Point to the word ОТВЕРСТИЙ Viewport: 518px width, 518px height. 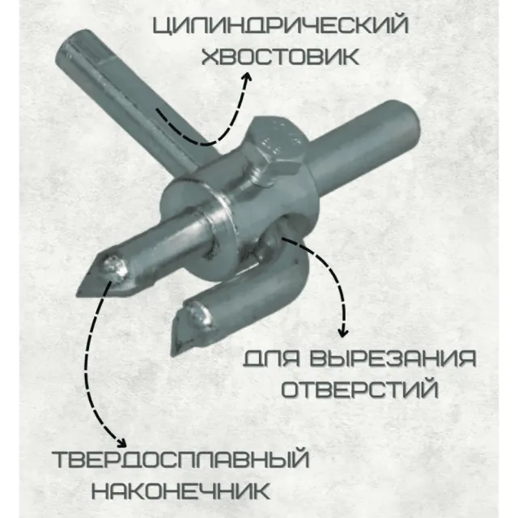pos(360,389)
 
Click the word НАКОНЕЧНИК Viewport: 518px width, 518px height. pos(180,491)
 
